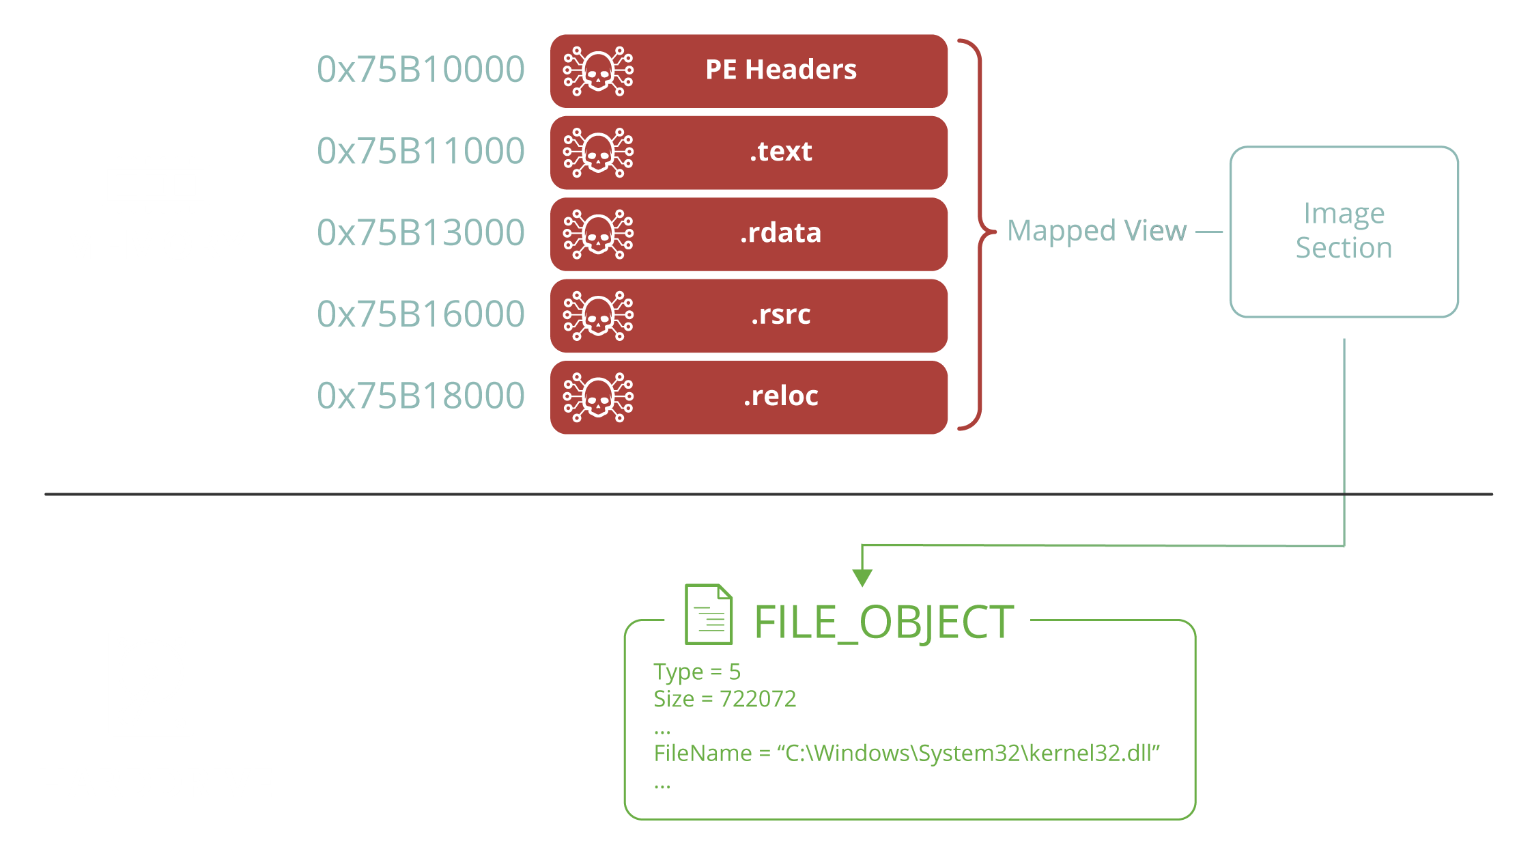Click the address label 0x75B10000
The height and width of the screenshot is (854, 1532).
point(421,70)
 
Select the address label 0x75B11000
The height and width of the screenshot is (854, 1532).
point(421,151)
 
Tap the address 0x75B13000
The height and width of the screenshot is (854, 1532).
point(421,232)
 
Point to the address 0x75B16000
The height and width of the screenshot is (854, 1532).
point(421,314)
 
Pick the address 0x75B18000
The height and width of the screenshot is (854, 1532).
point(421,396)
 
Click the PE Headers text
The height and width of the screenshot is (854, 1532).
point(781,70)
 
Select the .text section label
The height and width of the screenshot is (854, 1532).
point(781,152)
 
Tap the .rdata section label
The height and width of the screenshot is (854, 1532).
point(781,233)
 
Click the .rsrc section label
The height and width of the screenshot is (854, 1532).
point(781,315)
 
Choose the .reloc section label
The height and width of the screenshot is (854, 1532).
point(781,396)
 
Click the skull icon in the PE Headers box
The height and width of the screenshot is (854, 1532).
point(598,70)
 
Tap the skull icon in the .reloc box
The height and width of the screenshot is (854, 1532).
point(598,397)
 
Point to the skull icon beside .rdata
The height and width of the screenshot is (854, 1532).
point(598,234)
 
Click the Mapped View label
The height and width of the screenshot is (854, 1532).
point(1097,232)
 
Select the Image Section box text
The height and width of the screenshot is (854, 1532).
point(1344,231)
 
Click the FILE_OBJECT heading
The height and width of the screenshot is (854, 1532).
point(884,623)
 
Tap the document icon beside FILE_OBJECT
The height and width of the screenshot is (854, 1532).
point(709,614)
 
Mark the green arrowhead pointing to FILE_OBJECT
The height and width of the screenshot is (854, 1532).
point(862,578)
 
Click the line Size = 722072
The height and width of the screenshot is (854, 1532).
point(725,699)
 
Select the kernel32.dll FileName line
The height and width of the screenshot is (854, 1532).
point(907,753)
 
